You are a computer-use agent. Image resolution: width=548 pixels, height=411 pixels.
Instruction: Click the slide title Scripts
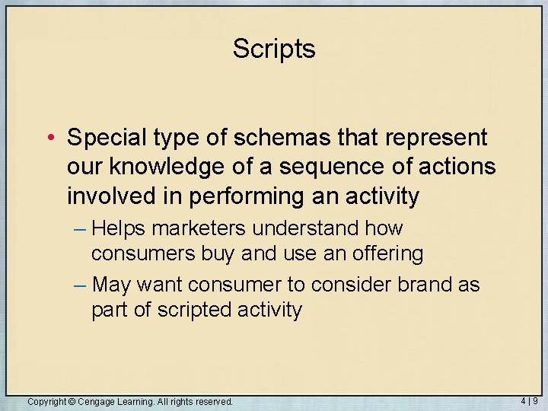pos(274,49)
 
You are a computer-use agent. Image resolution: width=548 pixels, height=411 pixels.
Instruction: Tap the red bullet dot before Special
pos(49,139)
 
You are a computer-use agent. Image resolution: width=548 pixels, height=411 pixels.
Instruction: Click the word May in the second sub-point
pos(112,285)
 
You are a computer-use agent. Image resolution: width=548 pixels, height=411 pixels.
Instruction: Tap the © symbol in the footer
pos(72,401)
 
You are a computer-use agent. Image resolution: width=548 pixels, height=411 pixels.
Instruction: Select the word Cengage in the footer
pos(97,401)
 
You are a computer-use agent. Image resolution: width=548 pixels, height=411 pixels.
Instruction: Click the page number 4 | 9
pos(530,400)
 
